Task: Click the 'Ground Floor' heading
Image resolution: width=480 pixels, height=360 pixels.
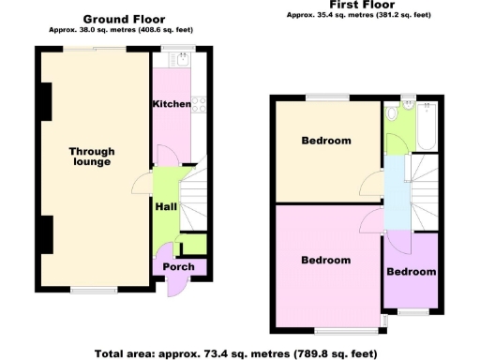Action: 124,19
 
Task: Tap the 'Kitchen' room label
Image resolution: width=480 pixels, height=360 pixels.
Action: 172,104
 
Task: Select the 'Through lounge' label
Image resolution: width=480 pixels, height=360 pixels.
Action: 92,157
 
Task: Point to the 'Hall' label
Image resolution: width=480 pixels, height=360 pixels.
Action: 166,207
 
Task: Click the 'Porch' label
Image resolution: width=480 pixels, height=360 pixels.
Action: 178,267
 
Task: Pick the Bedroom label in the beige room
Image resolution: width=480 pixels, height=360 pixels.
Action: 325,142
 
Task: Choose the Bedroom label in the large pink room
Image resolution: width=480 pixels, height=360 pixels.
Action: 325,261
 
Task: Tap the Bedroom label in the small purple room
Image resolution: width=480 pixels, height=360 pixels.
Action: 412,273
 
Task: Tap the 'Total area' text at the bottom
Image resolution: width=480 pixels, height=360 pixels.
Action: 235,353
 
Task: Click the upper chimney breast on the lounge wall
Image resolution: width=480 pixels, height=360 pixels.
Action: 45,97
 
